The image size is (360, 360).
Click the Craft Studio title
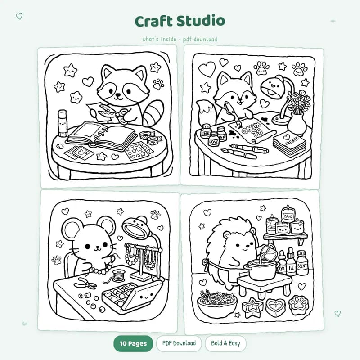coord(180,21)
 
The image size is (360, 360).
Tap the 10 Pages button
coord(133,344)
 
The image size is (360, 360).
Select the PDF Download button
coord(179,343)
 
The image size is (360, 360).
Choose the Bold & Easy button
coord(225,343)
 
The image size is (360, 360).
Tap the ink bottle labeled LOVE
coord(214,139)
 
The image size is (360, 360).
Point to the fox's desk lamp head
coord(273,86)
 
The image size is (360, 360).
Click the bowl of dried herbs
coord(217,301)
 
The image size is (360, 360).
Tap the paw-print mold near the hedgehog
coord(300,305)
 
